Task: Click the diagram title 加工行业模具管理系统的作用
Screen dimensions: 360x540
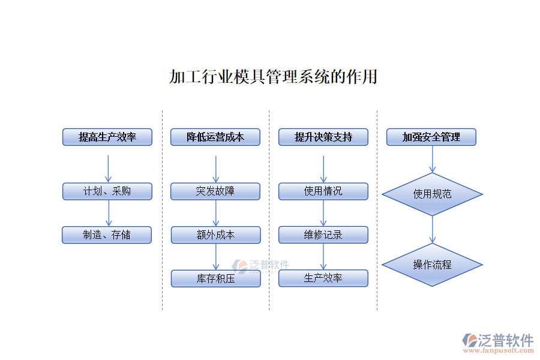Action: pos(273,77)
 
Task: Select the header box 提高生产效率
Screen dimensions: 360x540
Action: pos(107,137)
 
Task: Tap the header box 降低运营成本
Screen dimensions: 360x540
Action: pos(215,137)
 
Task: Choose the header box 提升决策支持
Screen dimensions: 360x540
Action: pos(323,137)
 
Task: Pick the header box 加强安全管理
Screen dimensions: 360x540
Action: pos(431,137)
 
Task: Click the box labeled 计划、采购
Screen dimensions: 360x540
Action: pos(107,191)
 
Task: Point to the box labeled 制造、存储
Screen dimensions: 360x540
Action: pos(107,235)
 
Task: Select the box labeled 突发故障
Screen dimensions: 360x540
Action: pos(215,191)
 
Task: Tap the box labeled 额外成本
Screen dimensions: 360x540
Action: pos(216,235)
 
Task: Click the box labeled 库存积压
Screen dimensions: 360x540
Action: pos(216,278)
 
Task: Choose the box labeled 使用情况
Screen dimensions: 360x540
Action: pos(323,191)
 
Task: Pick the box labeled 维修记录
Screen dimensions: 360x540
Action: pos(323,235)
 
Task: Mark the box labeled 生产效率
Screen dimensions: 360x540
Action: pos(323,278)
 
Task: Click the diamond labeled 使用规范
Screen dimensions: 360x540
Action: pos(432,194)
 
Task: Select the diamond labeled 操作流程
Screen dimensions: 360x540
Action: pos(432,265)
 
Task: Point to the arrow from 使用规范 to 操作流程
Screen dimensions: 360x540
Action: pos(432,230)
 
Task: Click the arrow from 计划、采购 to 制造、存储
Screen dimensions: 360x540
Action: pos(108,213)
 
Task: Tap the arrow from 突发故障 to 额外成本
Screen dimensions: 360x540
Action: pos(216,213)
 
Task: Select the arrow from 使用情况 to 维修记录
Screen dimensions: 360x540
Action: pos(323,213)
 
